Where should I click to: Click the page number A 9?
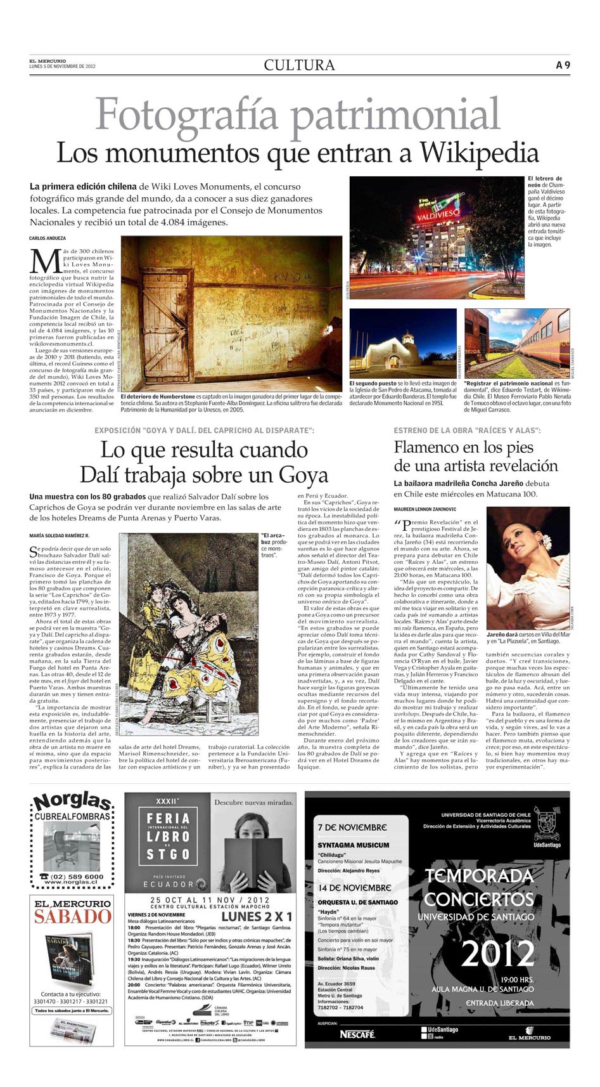click(x=563, y=65)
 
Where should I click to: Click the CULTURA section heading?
click(x=299, y=65)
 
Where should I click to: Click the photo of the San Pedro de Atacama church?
click(x=402, y=343)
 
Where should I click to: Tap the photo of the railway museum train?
click(x=517, y=343)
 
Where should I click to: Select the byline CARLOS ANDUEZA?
click(x=48, y=238)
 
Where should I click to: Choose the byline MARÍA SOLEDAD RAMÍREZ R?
click(x=63, y=536)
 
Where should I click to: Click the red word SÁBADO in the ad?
click(x=72, y=916)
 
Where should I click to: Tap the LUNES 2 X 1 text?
click(x=257, y=916)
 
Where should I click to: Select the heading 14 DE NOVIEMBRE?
click(x=355, y=888)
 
